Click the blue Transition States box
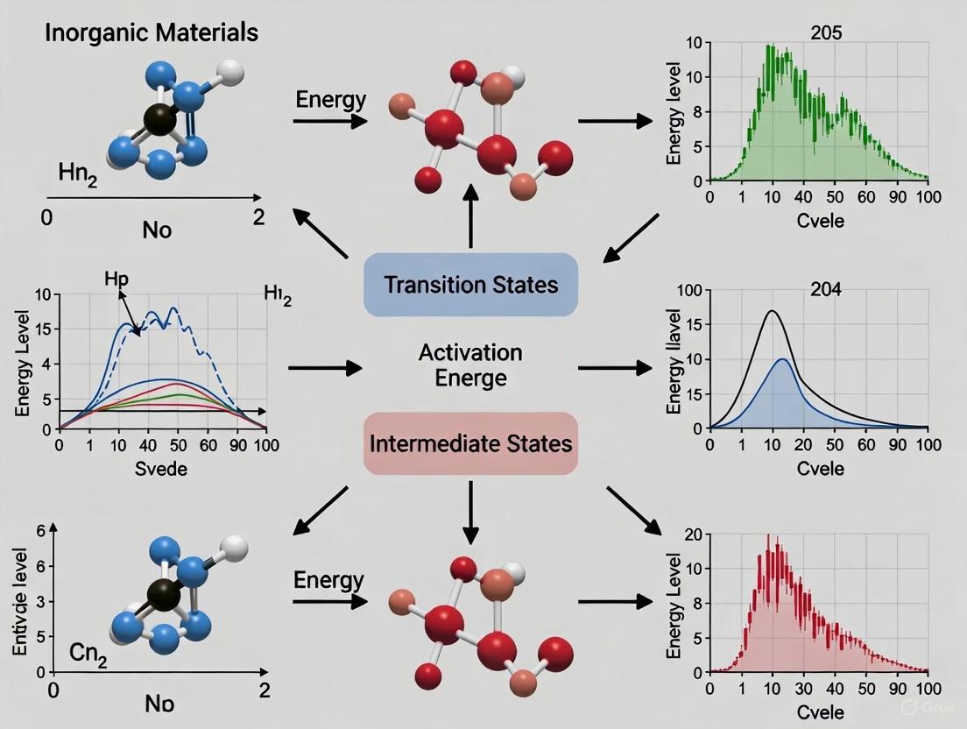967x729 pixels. click(x=470, y=284)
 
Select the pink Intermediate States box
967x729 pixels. click(x=470, y=442)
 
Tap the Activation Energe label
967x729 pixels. click(x=470, y=365)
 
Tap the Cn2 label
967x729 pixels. click(x=88, y=655)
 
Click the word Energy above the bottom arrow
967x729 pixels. click(x=328, y=579)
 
